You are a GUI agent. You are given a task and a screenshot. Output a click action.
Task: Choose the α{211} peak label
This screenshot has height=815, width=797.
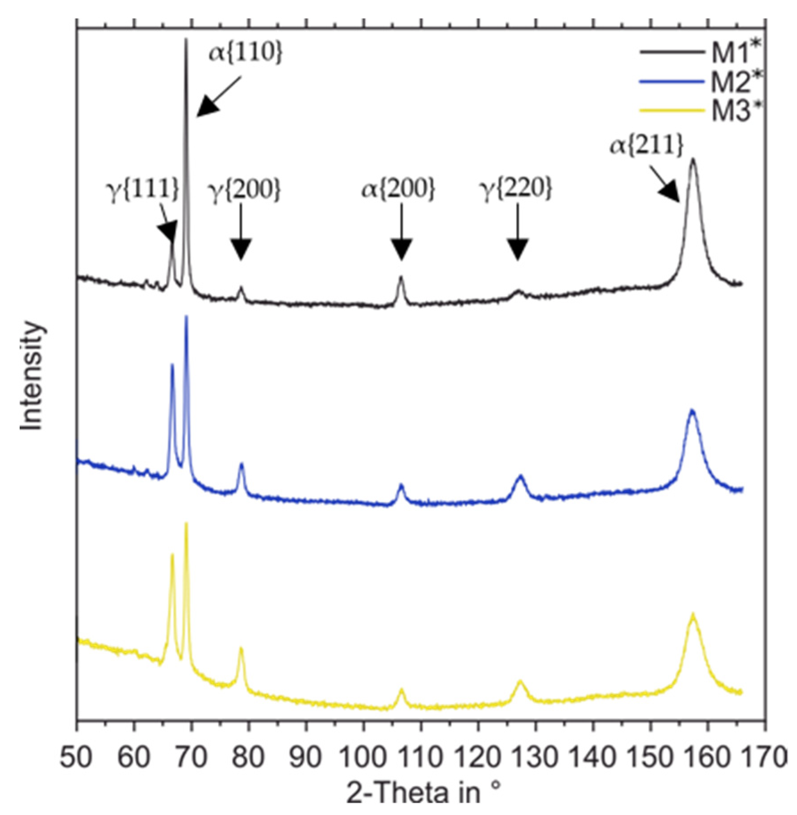[x=647, y=145]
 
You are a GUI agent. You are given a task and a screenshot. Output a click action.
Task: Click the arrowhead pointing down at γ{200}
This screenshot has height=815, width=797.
[x=241, y=249]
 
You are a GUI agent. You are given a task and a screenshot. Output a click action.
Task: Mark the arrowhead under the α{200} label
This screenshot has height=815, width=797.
[x=401, y=249]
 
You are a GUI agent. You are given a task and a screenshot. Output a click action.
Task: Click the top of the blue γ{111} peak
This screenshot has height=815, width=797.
[x=172, y=365]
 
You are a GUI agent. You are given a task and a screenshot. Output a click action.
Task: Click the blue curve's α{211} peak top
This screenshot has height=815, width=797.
[x=693, y=411]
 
